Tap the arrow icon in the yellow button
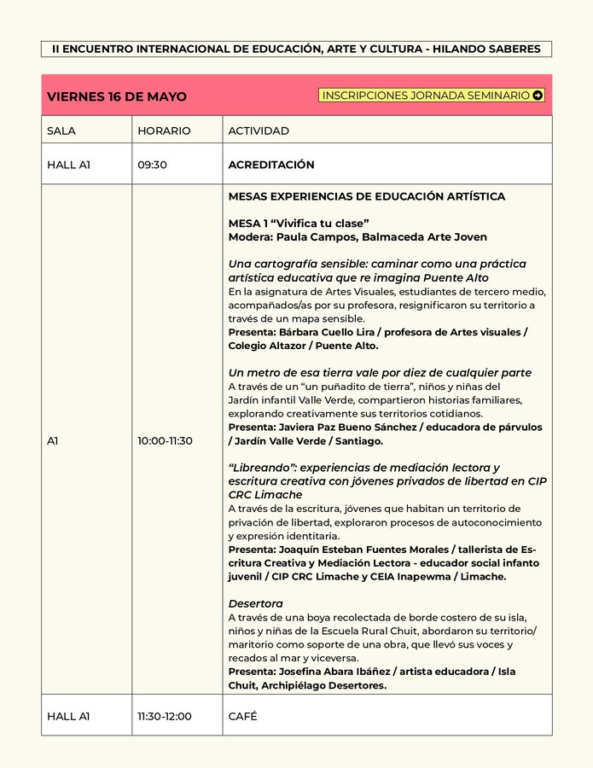coord(538,96)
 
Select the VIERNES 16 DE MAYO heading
coord(116,96)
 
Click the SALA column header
coord(61,131)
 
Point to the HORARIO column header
coord(164,131)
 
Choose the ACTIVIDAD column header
coord(259,131)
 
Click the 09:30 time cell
coord(152,165)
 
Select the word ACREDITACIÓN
coord(271,165)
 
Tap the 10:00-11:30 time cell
coord(166,440)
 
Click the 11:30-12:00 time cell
coord(165,717)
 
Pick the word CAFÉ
coord(243,717)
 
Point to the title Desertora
coord(255,603)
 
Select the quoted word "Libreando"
coord(262,468)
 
